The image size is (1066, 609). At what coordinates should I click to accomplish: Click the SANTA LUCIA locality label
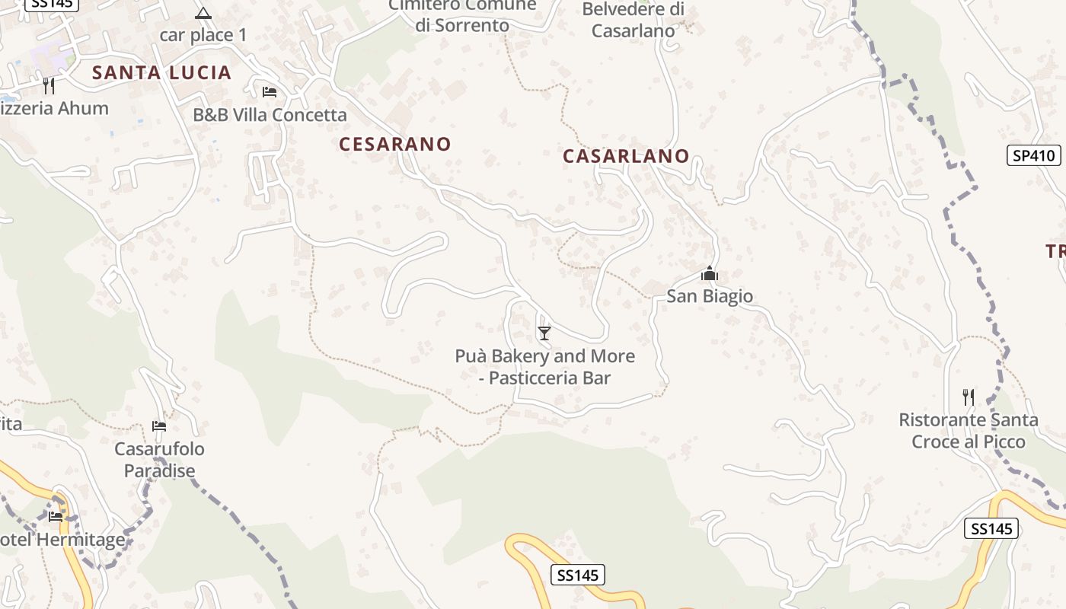pos(161,73)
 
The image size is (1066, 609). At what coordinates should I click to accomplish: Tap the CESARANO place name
pos(394,144)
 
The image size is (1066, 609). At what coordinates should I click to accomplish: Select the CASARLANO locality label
pos(626,156)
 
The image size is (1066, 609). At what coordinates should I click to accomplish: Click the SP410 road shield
pos(1033,155)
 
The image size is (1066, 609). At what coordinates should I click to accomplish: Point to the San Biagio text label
pos(710,296)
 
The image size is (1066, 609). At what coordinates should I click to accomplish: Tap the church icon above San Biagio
pos(710,274)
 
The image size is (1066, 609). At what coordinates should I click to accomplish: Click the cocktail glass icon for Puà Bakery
pos(544,333)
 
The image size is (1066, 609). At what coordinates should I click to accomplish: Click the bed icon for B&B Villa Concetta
pos(269,92)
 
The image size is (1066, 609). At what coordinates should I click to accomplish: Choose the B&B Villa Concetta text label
pos(270,115)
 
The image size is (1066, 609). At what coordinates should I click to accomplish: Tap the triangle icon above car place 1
pos(203,13)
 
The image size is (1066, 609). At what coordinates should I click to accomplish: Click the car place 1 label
pos(203,35)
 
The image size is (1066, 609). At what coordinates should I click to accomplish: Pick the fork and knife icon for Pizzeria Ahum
pos(49,85)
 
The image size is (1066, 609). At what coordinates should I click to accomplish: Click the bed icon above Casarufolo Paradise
pos(159,426)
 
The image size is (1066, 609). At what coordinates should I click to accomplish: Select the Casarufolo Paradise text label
pos(160,460)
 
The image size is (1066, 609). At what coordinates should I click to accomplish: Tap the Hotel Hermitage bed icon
pos(56,517)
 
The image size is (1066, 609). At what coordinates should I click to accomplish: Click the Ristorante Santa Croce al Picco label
pos(968,431)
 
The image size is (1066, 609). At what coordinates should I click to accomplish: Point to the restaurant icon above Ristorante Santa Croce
pos(968,397)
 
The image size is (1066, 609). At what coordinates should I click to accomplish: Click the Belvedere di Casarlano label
pos(633,21)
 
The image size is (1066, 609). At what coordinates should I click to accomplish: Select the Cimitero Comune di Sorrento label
pos(462,15)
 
